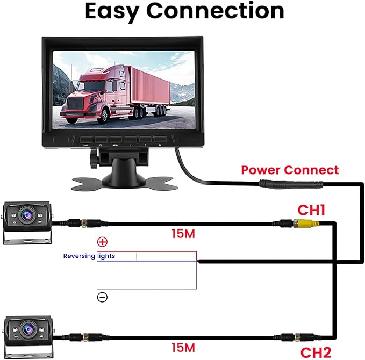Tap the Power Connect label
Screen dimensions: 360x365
pyautogui.click(x=290, y=170)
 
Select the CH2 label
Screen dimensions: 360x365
pyautogui.click(x=315, y=353)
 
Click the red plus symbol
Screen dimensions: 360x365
pyautogui.click(x=102, y=242)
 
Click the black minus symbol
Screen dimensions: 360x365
pyautogui.click(x=102, y=297)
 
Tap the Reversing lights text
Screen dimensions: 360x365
pyautogui.click(x=89, y=256)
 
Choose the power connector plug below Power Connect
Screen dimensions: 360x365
pyautogui.click(x=291, y=184)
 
